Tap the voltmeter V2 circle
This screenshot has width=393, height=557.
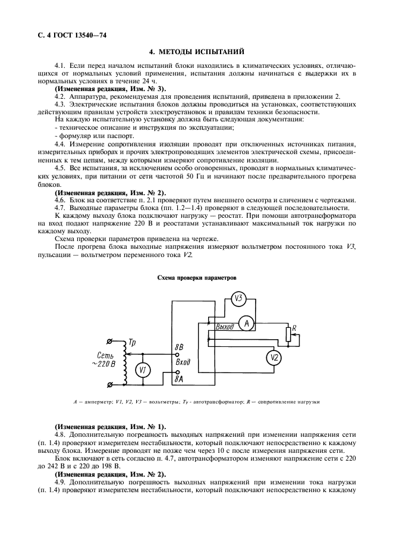273,357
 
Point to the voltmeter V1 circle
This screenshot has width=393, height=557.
142,370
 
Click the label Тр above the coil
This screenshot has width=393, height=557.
132,343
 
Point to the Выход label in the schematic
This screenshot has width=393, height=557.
225,327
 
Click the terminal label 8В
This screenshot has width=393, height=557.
178,346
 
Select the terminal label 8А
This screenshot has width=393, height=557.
178,378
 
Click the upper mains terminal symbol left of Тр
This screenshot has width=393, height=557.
108,342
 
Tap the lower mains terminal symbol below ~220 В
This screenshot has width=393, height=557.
108,385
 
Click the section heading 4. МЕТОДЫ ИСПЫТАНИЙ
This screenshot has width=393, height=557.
196,52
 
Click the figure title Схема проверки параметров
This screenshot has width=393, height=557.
196,278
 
